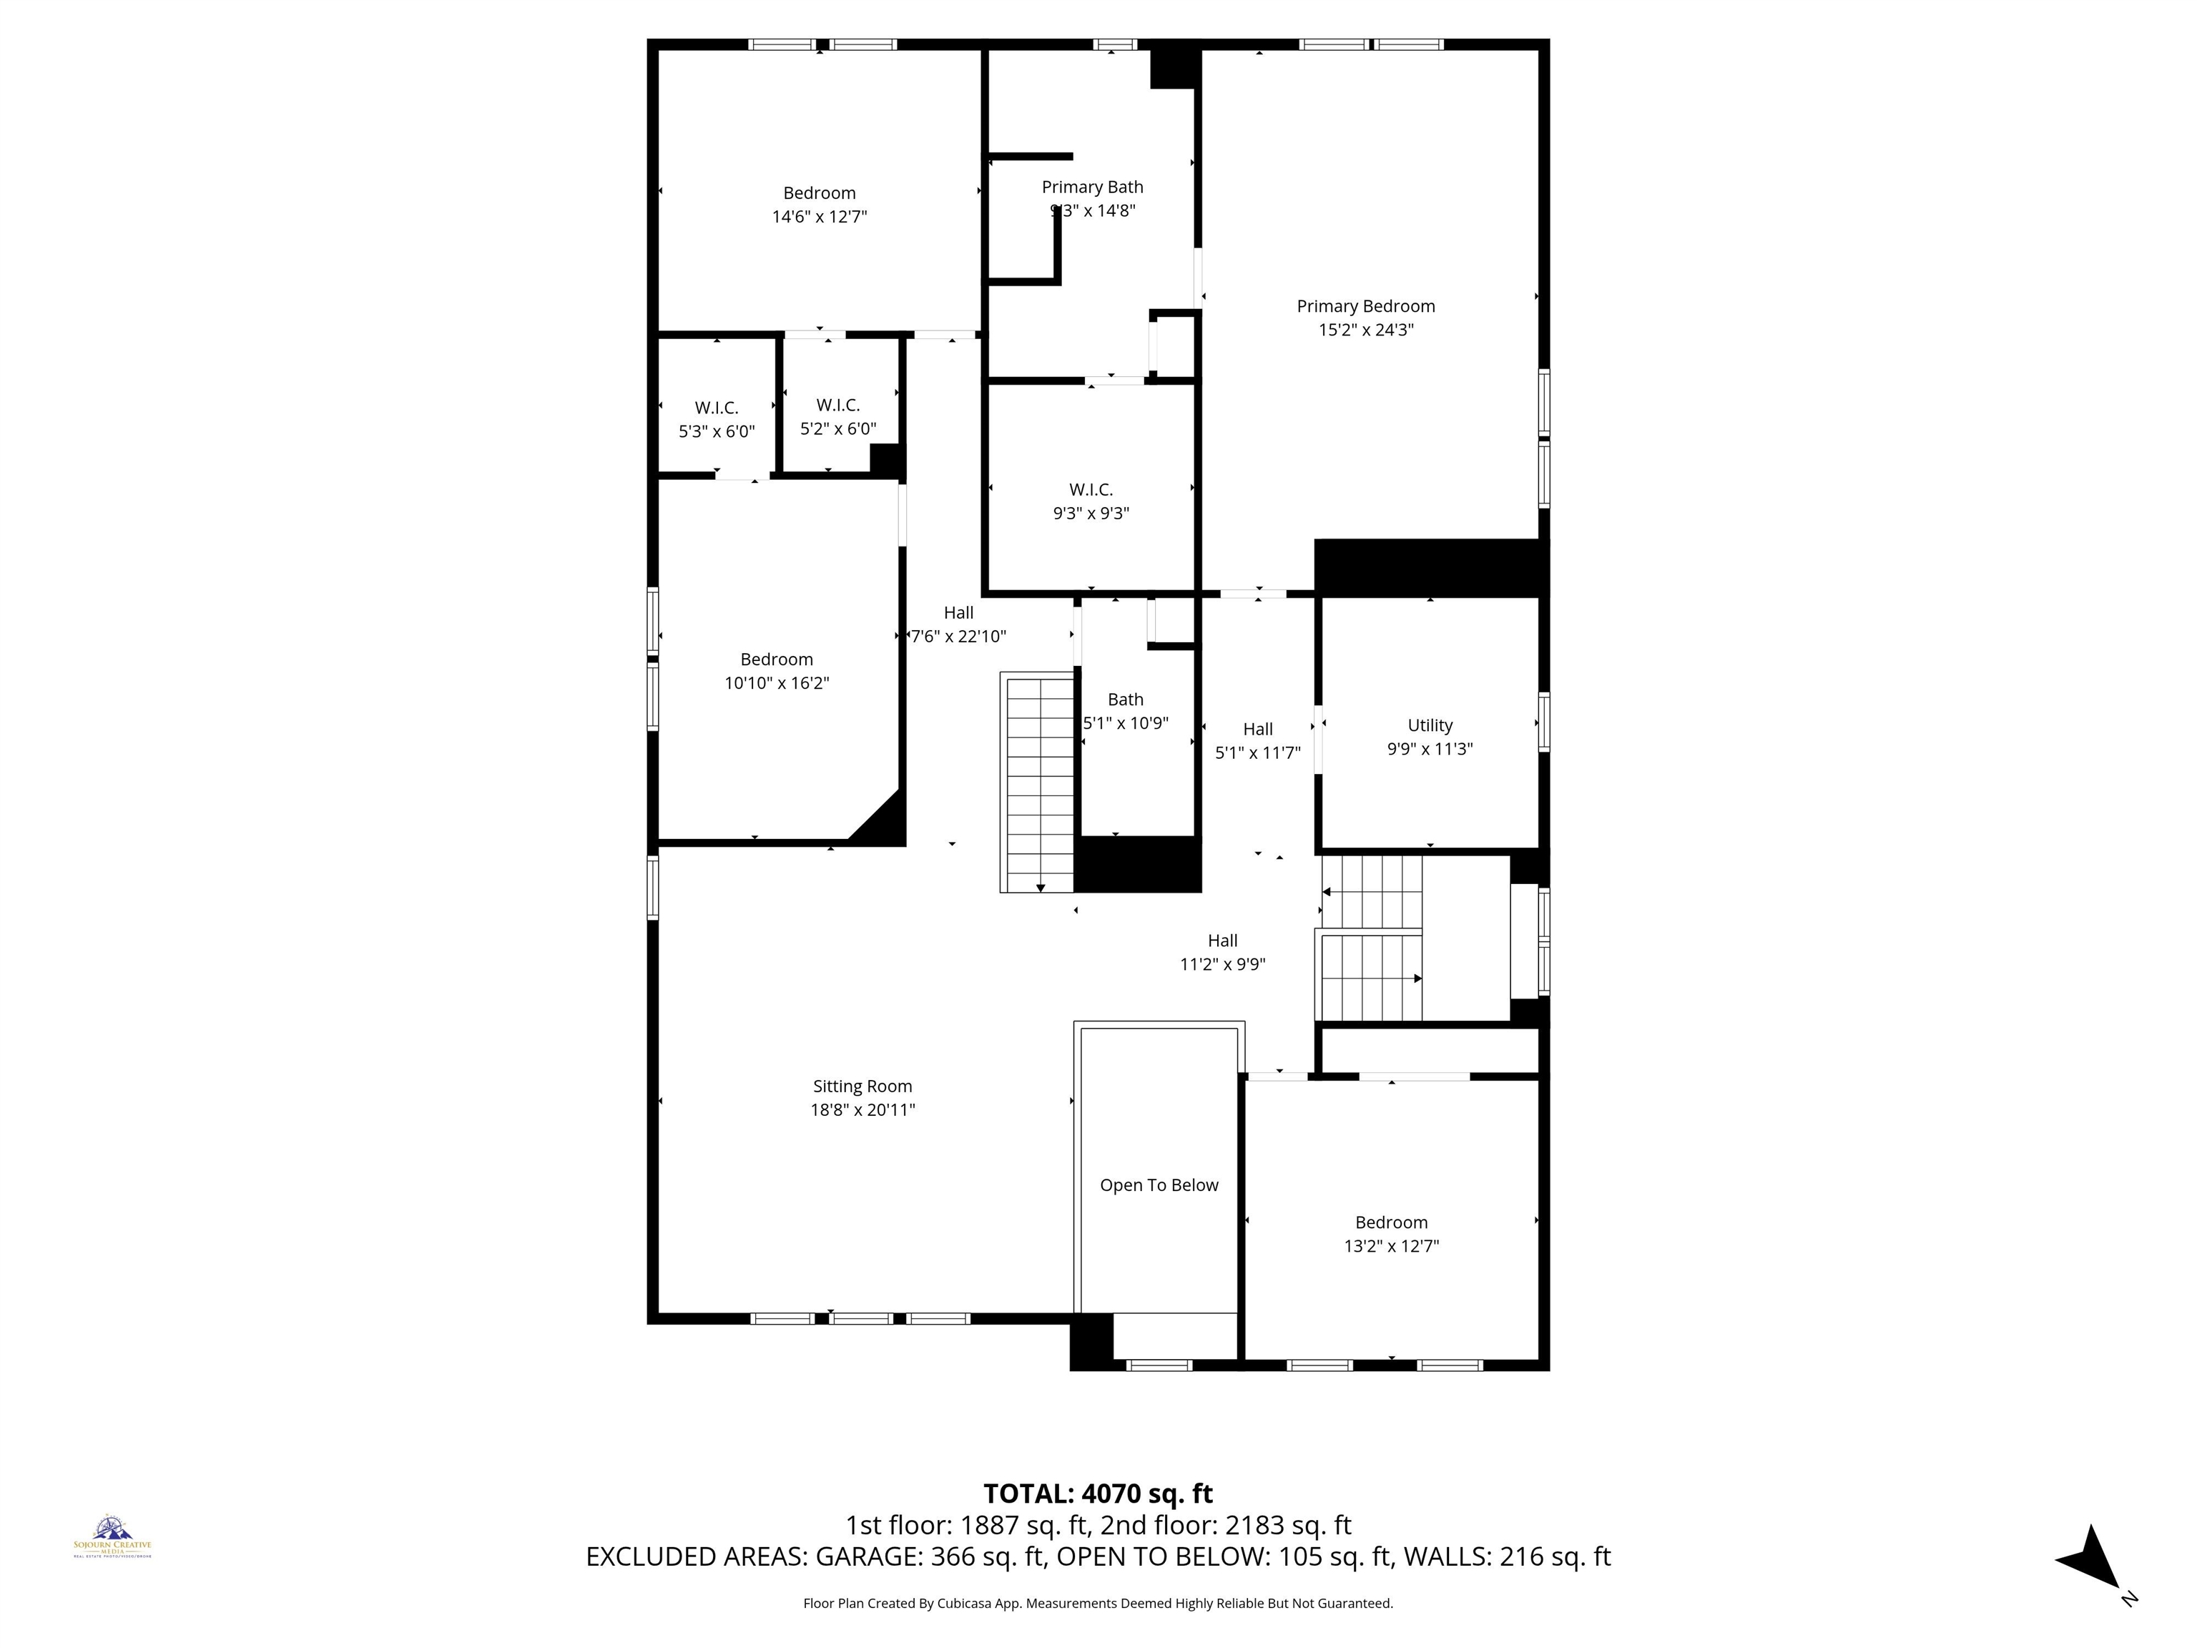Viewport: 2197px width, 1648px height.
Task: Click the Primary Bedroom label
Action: pos(1366,306)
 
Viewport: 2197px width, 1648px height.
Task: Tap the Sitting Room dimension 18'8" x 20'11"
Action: pos(862,1109)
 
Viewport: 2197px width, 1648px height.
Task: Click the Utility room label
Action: pos(1429,726)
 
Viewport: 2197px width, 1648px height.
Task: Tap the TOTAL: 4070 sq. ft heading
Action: pos(1098,1493)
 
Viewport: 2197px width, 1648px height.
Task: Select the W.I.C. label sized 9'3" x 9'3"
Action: pos(1091,490)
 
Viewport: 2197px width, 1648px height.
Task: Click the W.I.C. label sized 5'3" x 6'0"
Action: pos(716,408)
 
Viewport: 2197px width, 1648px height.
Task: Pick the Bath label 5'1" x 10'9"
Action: pos(1125,700)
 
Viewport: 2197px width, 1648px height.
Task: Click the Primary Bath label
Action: pos(1091,187)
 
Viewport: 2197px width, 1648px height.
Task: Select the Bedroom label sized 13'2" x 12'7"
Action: pos(1390,1223)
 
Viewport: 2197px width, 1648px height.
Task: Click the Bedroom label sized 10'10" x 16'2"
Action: pos(776,659)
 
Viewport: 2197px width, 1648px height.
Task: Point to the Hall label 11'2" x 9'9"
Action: pos(1222,941)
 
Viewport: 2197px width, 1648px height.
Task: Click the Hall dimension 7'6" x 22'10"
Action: pos(958,637)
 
